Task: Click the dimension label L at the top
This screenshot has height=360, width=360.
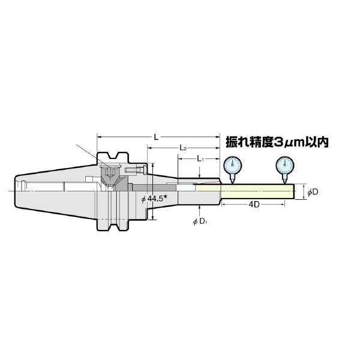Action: (156, 137)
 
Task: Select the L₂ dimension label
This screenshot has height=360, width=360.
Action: (184, 148)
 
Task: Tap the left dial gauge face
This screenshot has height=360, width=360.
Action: (232, 165)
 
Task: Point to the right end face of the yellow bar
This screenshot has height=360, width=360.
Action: (293, 191)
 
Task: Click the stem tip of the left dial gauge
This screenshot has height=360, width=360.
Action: (232, 182)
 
